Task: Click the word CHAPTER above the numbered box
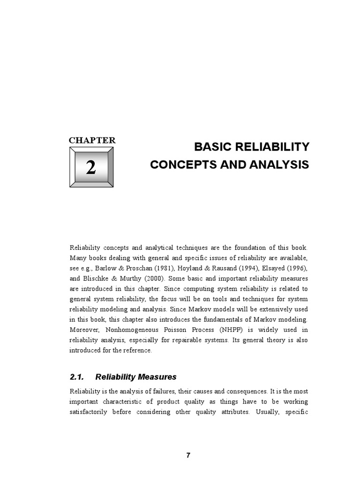[x=92, y=140]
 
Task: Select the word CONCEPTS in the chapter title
[x=180, y=165]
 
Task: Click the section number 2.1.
[x=76, y=376]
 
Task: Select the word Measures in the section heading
[x=157, y=376]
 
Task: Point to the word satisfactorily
[x=89, y=412]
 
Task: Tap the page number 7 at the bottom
[x=188, y=455]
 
